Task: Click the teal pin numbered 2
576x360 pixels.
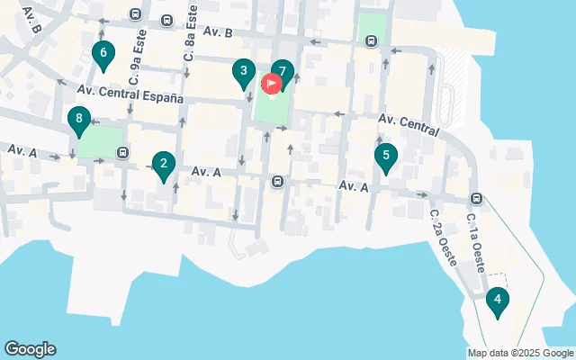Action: (x=163, y=165)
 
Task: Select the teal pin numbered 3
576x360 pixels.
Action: (x=242, y=72)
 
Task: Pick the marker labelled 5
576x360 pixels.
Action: (x=386, y=157)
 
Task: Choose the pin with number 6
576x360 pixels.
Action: (x=103, y=55)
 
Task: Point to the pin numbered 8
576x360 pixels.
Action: (x=79, y=120)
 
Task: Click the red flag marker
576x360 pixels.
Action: (x=270, y=85)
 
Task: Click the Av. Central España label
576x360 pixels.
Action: (x=130, y=94)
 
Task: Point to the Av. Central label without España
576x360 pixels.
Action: (x=409, y=124)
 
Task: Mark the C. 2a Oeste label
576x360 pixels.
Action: (x=444, y=238)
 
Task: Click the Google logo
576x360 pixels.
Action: (x=30, y=349)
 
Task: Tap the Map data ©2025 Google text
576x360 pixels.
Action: (x=520, y=353)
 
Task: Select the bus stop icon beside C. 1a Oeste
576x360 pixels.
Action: (x=476, y=199)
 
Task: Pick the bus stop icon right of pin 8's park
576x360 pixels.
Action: (x=122, y=151)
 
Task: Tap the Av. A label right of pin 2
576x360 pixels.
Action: (x=206, y=171)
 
